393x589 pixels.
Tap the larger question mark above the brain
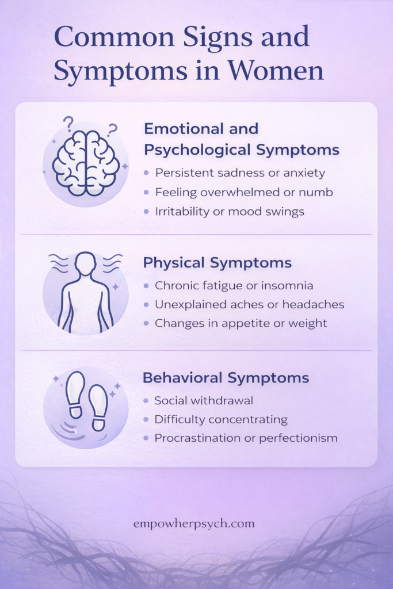pos(68,124)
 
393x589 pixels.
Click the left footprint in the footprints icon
pos(75,393)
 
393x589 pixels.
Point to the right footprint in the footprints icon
pos(98,407)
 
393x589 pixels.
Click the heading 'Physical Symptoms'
pos(217,263)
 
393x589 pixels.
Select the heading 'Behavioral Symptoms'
pos(226,378)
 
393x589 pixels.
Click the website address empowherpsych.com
pos(193,524)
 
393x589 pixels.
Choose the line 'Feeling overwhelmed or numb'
pos(243,192)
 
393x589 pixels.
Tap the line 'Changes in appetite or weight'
pos(241,323)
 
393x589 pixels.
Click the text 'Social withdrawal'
pos(204,400)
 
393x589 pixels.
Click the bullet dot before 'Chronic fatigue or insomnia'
pos(147,286)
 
